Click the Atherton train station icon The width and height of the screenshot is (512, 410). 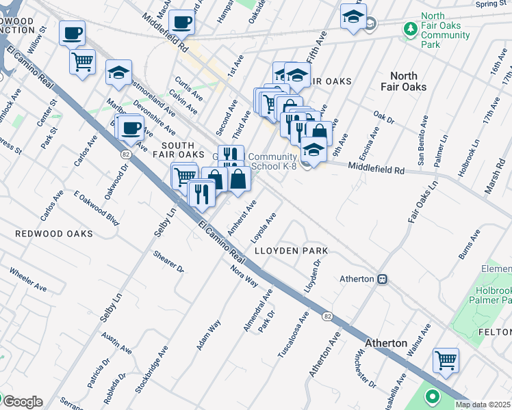pos(383,279)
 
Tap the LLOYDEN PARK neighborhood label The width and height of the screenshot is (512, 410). pos(291,251)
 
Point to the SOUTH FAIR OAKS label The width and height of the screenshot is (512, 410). pos(183,150)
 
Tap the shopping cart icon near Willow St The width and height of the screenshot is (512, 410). pos(82,62)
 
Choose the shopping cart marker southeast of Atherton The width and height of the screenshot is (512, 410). pos(446,359)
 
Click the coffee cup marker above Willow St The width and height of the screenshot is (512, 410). pos(72,32)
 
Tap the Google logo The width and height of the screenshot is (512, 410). pos(23,402)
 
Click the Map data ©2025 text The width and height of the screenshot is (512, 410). pos(483,405)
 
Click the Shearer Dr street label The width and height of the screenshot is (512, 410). pos(169,260)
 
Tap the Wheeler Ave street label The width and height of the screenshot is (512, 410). pos(27,279)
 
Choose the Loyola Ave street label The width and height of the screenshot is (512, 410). pos(264,227)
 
